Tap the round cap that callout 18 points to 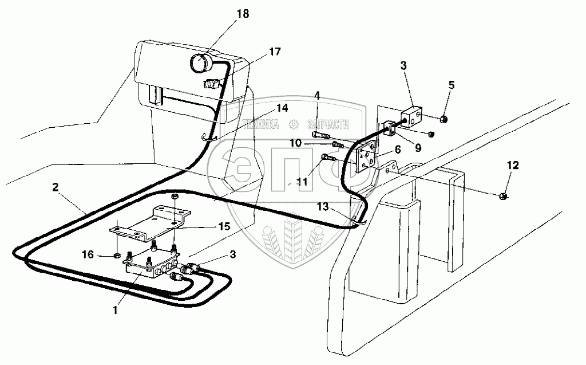pos(201,62)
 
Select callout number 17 pos(275,52)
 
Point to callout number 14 pos(282,107)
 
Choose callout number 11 pos(302,182)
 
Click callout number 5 pos(452,85)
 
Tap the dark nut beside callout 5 pos(444,120)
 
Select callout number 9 pos(418,148)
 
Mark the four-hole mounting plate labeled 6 pos(365,158)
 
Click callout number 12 pos(512,166)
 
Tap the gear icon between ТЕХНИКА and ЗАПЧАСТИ pos(294,124)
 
